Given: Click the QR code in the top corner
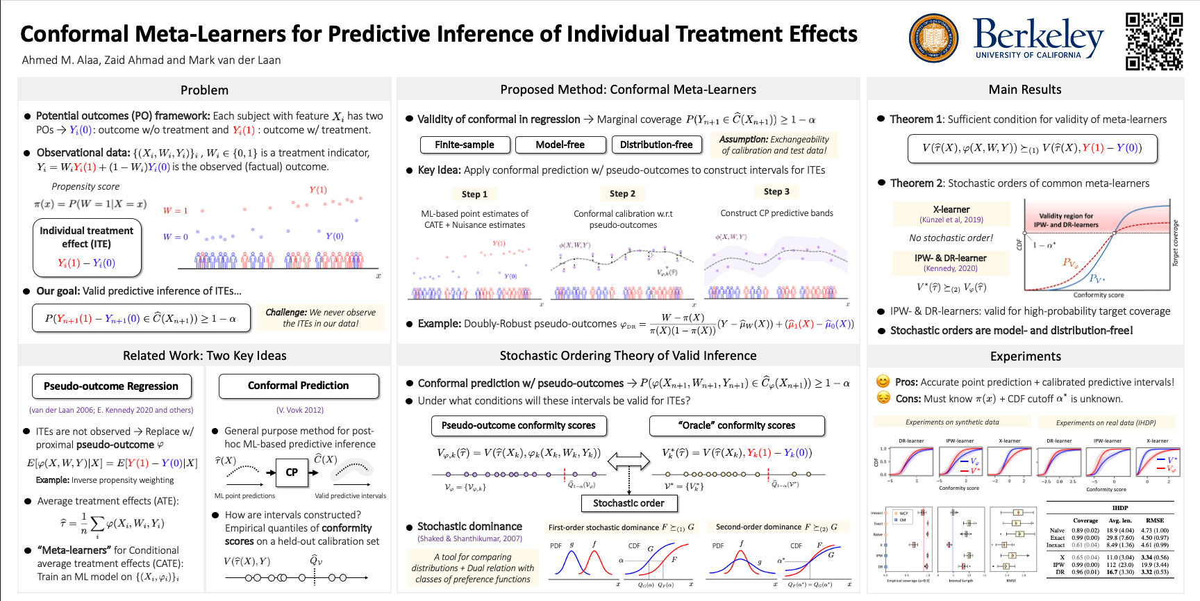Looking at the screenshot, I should (x=1154, y=41).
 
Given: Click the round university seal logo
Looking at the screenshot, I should (x=934, y=38).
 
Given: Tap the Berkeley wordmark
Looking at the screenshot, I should (x=1037, y=38).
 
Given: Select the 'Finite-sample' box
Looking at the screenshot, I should (x=465, y=145).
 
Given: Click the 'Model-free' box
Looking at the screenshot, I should (x=560, y=145).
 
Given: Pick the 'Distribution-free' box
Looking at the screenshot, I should (x=656, y=145).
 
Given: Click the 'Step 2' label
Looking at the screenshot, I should (x=622, y=194).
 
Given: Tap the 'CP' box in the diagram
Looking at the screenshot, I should (x=292, y=472).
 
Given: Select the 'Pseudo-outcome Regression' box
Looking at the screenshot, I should (x=111, y=386).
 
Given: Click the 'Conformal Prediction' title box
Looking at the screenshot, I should (x=299, y=386).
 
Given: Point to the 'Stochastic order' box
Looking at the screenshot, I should (x=628, y=503).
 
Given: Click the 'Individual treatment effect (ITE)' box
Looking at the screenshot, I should (x=87, y=247).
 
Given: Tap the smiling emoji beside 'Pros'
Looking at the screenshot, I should (x=883, y=381).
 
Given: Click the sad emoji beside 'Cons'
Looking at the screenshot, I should (x=883, y=398).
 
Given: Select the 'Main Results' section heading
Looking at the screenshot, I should (x=1025, y=90).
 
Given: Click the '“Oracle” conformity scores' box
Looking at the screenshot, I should (x=737, y=425).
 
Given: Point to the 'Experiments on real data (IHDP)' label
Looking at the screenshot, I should (x=1106, y=422).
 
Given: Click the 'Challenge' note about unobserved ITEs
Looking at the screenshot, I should (x=320, y=318).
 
